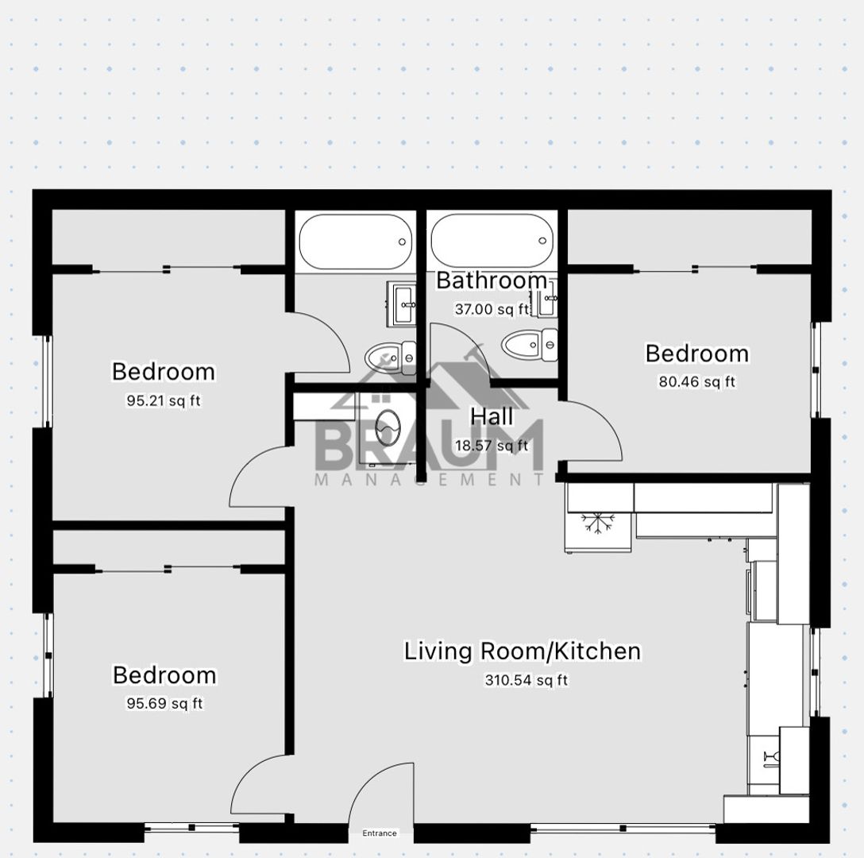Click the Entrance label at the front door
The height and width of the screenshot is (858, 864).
tap(379, 833)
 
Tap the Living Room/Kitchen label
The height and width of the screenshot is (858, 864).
tap(523, 651)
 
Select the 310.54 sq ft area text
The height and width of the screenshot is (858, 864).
tap(526, 680)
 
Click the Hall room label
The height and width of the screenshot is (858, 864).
tap(492, 416)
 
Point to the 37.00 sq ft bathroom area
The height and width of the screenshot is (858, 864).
tap(492, 309)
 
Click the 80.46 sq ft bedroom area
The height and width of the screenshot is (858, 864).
tap(697, 381)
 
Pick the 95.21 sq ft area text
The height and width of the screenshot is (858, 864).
tap(164, 400)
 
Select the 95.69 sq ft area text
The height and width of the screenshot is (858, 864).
tap(164, 703)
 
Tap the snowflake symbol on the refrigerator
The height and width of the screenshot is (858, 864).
tap(597, 523)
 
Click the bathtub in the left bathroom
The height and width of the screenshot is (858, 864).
tap(356, 242)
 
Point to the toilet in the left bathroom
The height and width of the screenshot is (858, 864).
tap(390, 358)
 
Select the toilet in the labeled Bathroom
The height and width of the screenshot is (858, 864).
tap(529, 345)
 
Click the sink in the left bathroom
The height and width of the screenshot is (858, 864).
tap(406, 303)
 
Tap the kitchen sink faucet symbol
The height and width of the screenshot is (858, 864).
tap(771, 756)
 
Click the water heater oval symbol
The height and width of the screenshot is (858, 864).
tap(388, 428)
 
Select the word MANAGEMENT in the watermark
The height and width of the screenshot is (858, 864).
tap(430, 479)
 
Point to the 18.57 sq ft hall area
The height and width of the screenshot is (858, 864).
tap(492, 445)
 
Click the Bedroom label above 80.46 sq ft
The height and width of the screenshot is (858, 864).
tap(697, 354)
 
